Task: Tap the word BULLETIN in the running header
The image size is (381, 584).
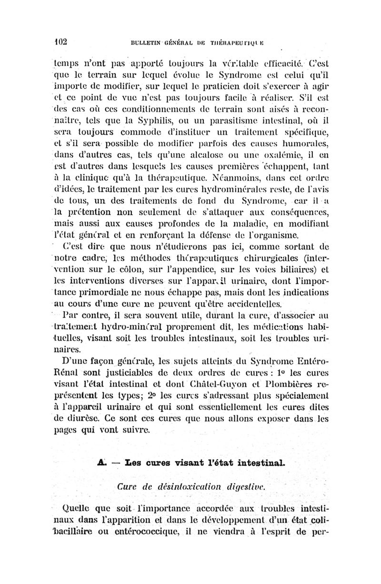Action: pyautogui.click(x=141, y=42)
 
